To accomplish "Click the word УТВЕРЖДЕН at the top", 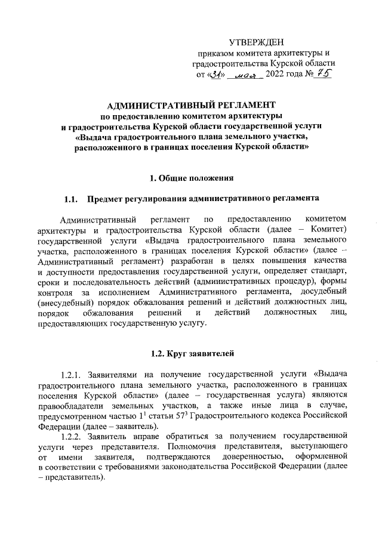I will [x=257, y=42].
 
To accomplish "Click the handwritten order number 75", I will [x=323, y=75].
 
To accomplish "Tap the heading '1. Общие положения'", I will [x=190, y=177].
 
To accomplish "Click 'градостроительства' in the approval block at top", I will [x=230, y=63].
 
